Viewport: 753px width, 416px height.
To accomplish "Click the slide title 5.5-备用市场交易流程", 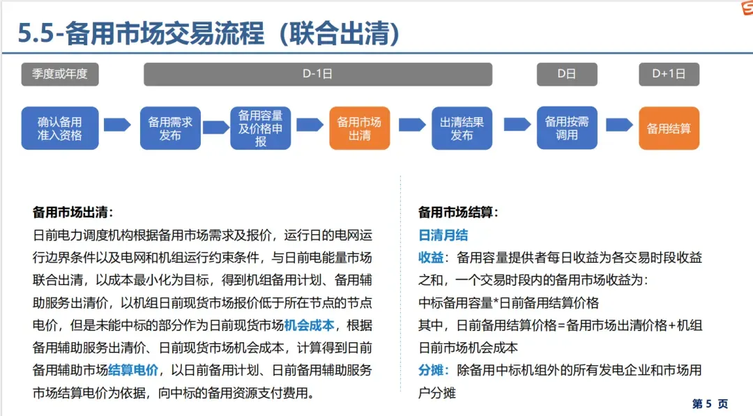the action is pos(209,32).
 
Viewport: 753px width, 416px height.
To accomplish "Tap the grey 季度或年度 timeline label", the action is pos(60,74).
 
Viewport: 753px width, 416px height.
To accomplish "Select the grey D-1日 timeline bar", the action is pos(317,74).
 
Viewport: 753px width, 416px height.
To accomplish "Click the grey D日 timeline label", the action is pos(566,74).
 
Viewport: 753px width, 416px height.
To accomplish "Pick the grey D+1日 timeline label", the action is pos(669,74).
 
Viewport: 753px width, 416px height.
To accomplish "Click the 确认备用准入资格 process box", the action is pos(60,128).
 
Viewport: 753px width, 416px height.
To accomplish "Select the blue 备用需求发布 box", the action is pos(170,128).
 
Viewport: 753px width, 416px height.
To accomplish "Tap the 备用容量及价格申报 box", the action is pos(261,128).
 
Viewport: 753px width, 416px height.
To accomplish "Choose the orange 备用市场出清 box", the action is pos(359,128).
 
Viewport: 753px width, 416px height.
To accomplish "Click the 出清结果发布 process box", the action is pos(462,128).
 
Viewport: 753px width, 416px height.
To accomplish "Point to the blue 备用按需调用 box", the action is pos(566,128).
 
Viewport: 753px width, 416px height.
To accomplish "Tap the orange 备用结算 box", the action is pos(669,128).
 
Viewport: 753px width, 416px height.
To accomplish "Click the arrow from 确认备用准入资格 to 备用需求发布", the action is pos(117,125).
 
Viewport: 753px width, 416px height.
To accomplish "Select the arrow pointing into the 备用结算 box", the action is pos(618,125).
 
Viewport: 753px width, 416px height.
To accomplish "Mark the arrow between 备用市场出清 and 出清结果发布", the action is pos(412,125).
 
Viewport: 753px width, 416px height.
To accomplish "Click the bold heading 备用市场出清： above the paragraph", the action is pos(73,213).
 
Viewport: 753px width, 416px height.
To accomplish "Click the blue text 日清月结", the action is pos(443,236).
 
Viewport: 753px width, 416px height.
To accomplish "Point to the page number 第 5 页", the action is pos(710,404).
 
